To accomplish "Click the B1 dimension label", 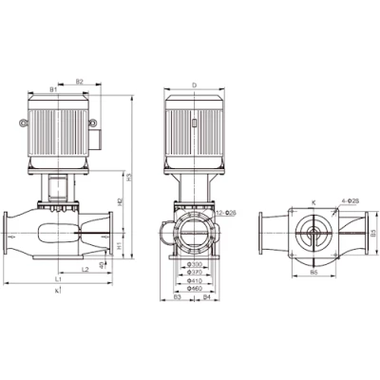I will coord(53,89).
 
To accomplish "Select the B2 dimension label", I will coord(80,83).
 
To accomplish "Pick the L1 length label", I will coord(59,279).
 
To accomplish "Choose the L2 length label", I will coord(85,270).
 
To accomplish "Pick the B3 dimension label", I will coord(178,298).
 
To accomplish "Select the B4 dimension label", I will coord(207,298).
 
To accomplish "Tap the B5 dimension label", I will coord(373,231).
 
